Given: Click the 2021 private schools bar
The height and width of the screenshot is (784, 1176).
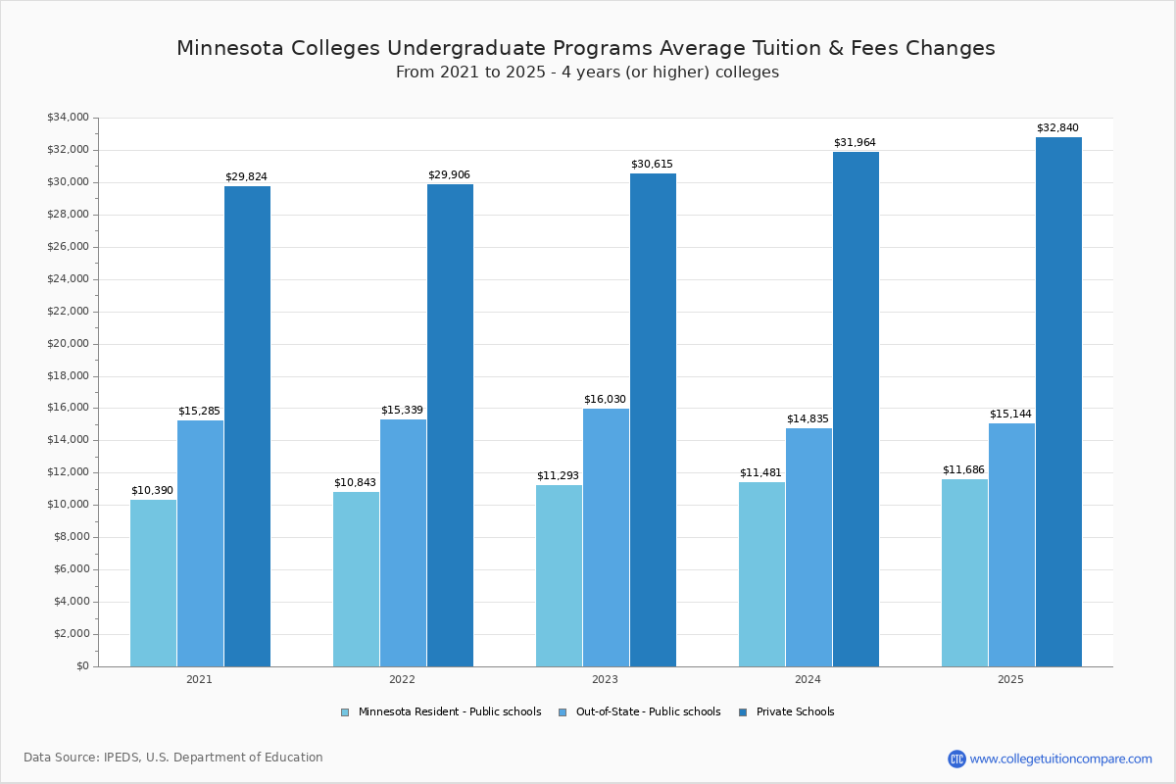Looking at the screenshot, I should [x=247, y=426].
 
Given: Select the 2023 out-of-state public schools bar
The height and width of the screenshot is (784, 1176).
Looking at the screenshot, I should [x=606, y=537].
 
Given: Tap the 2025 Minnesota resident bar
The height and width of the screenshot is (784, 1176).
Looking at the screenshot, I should [x=964, y=572].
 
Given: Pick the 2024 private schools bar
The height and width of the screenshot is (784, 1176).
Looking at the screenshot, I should [x=856, y=409].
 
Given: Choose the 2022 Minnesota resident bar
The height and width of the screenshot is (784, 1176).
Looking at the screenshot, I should [x=356, y=579].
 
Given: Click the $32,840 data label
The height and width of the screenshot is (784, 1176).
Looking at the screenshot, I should [x=1057, y=128].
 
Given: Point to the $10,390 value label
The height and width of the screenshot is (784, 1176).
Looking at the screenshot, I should [x=152, y=491].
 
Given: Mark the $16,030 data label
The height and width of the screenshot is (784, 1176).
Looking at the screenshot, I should [x=605, y=400].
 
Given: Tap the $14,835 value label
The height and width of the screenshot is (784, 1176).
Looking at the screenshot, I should [x=808, y=419].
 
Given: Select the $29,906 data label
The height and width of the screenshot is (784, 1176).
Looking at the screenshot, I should [x=449, y=175].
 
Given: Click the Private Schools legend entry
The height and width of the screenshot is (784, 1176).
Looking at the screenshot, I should [x=795, y=712].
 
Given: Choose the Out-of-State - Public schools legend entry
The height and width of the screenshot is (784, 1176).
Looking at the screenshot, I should [x=648, y=712].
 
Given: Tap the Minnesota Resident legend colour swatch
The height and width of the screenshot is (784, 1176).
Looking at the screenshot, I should [x=345, y=712].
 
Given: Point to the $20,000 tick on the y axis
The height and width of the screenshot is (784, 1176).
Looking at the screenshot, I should [x=68, y=344].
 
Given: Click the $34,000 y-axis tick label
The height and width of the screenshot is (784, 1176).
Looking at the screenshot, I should [x=68, y=118].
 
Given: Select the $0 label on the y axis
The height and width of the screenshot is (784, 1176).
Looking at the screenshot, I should [x=81, y=666].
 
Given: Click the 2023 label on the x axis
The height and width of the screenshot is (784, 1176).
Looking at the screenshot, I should [x=605, y=679].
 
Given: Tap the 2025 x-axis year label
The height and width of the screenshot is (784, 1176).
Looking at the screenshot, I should [x=1010, y=679].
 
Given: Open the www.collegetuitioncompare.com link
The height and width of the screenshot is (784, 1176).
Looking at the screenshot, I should [x=1060, y=759].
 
